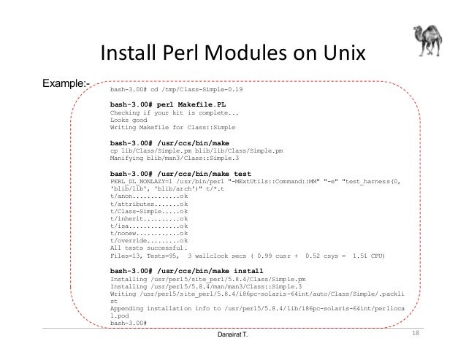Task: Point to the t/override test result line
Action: [x=149, y=241]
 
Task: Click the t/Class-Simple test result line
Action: [x=149, y=210]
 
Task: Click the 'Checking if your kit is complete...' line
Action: [x=174, y=113]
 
